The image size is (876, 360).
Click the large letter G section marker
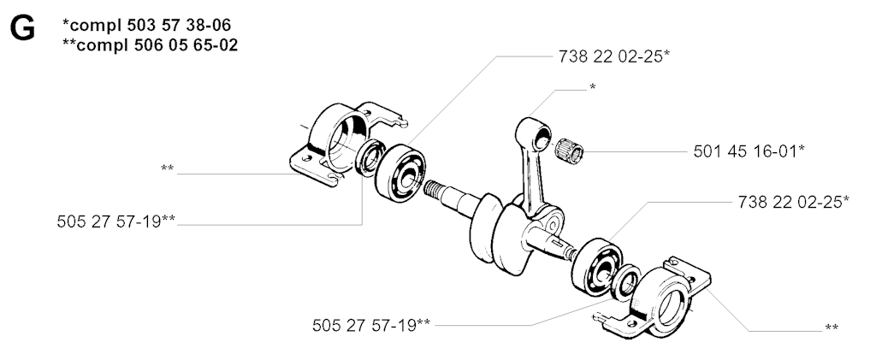click(22, 28)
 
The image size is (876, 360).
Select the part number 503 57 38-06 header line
click(146, 25)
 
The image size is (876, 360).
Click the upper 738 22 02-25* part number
click(613, 56)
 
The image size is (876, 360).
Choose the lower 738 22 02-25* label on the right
click(793, 202)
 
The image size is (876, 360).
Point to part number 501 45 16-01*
click(749, 151)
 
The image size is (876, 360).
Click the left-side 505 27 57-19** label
click(116, 221)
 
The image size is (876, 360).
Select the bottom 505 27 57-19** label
click(371, 326)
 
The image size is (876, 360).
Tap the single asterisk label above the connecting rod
click(592, 87)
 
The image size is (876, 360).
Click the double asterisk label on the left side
click(167, 168)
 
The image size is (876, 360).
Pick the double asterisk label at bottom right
click(832, 328)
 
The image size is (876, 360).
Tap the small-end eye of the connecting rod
click(541, 138)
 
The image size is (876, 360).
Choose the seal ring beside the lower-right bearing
click(627, 283)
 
